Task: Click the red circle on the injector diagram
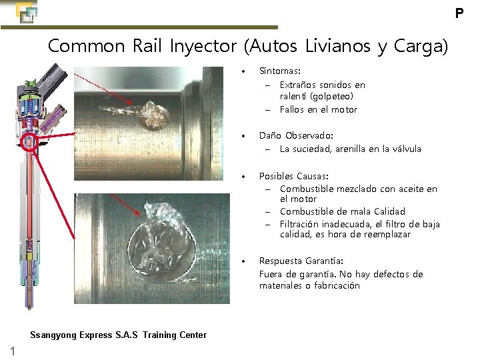pyautogui.click(x=30, y=141)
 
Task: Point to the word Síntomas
pyautogui.click(x=279, y=71)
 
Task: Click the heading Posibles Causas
pyautogui.click(x=293, y=177)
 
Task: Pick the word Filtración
pyautogui.click(x=302, y=223)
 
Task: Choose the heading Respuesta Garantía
pyautogui.click(x=301, y=261)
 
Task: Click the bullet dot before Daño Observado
pyautogui.click(x=245, y=136)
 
